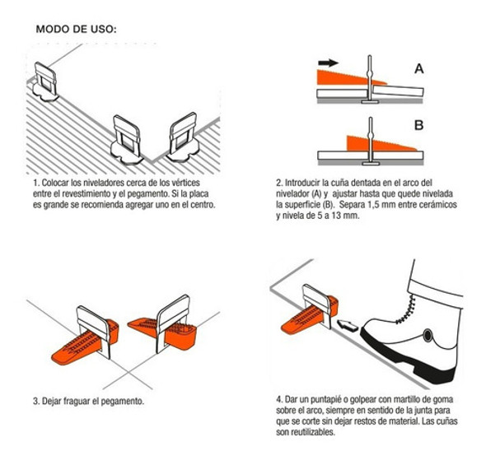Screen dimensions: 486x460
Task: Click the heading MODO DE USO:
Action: tap(77, 29)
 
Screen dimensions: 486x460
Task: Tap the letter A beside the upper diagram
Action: tap(419, 68)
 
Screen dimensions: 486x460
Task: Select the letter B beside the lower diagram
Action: tap(419, 125)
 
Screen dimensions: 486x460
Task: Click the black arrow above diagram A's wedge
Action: tap(328, 63)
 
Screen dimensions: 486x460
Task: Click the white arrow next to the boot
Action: tap(348, 325)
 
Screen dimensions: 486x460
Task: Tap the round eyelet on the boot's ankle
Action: tap(428, 335)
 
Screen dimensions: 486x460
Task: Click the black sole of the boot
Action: tap(409, 359)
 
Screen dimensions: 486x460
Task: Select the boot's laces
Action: tap(407, 310)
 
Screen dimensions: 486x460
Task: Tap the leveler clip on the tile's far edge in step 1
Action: tap(45, 82)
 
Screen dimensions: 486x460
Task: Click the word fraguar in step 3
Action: tap(77, 402)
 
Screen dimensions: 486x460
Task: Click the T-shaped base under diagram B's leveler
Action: tap(370, 164)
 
